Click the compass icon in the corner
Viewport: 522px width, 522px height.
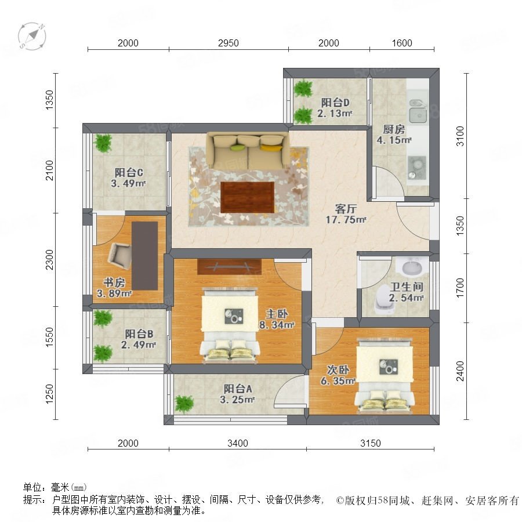[32, 37]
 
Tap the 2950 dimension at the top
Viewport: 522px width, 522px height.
[229, 43]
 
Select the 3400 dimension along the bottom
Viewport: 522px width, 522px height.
[238, 443]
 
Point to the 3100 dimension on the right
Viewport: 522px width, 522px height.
[460, 136]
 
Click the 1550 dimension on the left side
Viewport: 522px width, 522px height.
[49, 337]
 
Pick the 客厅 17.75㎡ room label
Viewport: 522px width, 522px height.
[346, 214]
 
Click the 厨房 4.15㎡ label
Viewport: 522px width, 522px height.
[394, 135]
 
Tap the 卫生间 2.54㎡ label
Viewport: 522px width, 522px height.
[406, 292]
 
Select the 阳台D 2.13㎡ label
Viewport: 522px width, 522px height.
[335, 107]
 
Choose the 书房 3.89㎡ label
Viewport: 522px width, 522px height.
[114, 288]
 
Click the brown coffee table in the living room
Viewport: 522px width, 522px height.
[247, 197]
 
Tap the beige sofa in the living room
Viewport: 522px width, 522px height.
[248, 151]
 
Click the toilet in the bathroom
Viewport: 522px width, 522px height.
[383, 303]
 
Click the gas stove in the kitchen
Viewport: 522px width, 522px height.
[417, 168]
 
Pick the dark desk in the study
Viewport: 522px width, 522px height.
[145, 256]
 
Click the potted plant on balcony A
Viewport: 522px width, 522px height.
[184, 404]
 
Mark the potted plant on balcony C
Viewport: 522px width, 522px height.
[103, 143]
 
